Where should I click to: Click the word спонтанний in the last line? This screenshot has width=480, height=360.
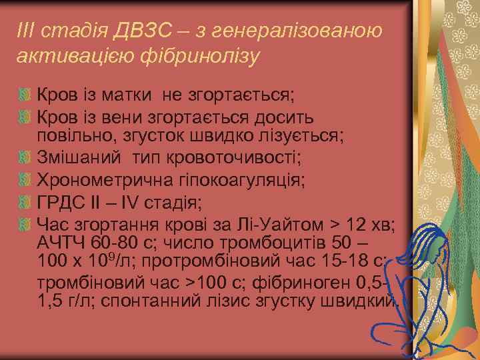[143, 301]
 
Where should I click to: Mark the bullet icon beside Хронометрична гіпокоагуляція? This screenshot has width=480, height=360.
[25, 179]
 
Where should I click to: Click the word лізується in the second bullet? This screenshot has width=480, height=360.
[301, 137]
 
